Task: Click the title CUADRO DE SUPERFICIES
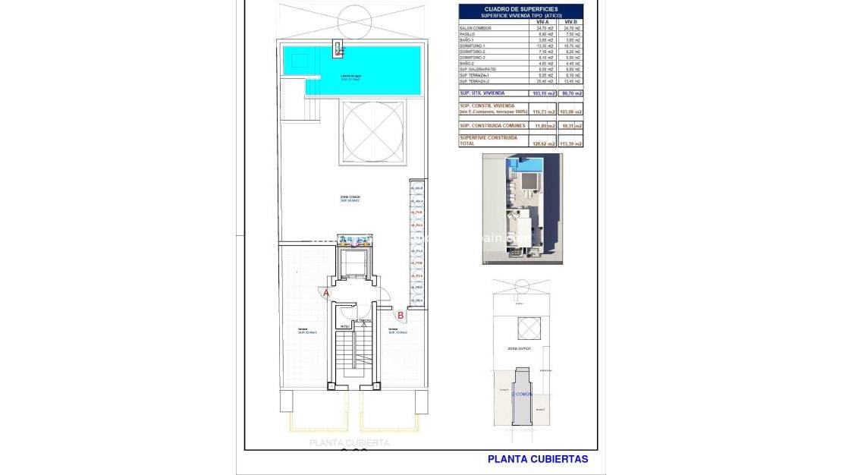(520, 8)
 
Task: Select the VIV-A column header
(542, 22)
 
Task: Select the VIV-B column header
(570, 22)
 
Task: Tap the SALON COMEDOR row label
(476, 28)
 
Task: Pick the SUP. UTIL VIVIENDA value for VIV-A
(544, 94)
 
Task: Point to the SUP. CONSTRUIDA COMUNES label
(492, 126)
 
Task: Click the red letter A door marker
(326, 292)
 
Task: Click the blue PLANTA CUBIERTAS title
(537, 459)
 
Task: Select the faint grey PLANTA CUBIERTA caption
(349, 443)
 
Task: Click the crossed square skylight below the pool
(372, 131)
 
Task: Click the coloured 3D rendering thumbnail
(523, 209)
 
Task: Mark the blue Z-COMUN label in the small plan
(522, 395)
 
